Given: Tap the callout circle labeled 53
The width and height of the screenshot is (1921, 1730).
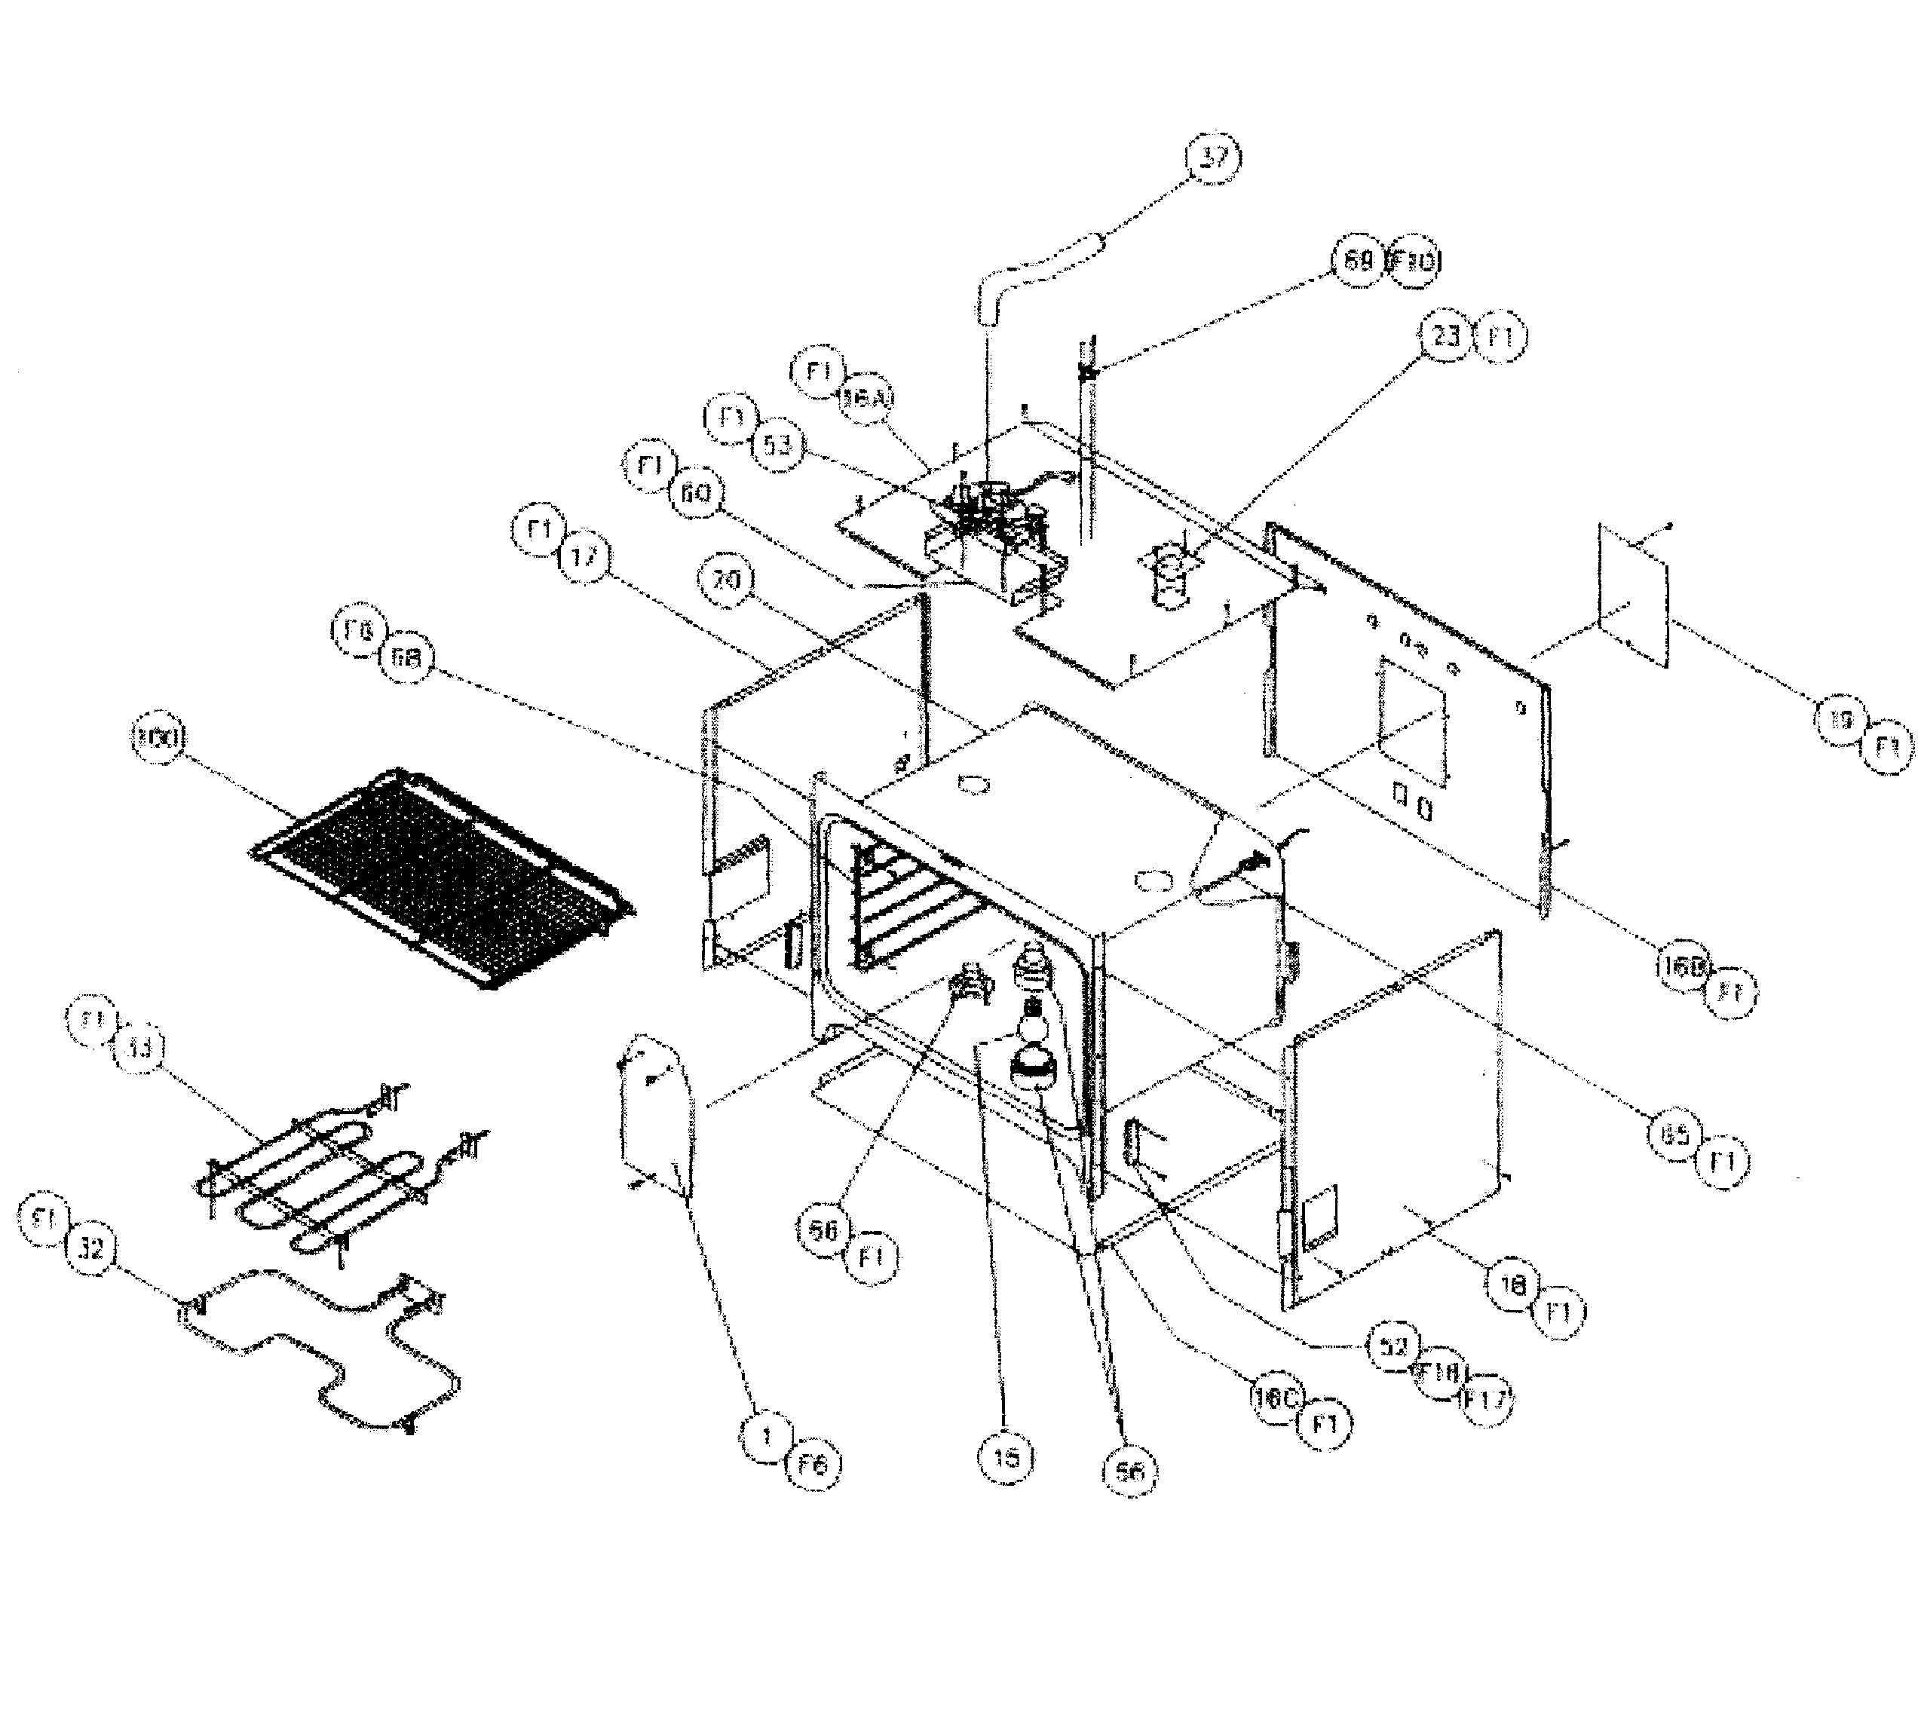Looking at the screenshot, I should (777, 444).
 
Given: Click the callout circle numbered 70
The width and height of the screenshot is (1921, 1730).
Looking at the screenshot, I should (725, 579).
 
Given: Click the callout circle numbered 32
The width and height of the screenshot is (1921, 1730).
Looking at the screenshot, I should (90, 1248).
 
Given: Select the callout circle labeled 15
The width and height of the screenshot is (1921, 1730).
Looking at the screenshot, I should (1006, 1457).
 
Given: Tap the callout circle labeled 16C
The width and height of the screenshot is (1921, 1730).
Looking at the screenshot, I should (1276, 1400).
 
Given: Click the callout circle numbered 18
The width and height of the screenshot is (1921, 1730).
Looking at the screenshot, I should (1512, 1285).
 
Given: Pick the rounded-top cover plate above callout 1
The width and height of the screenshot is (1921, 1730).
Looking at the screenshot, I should (656, 1112).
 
